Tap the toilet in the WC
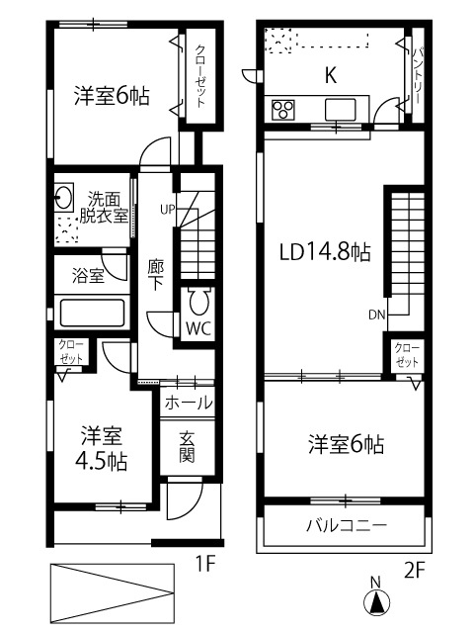click(x=199, y=301)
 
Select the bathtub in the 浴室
click(x=92, y=313)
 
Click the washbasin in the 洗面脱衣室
click(x=63, y=198)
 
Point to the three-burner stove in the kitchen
click(x=283, y=110)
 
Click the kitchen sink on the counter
click(x=341, y=110)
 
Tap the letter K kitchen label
click(x=331, y=75)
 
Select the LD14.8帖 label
click(x=325, y=252)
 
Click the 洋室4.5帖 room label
click(x=102, y=448)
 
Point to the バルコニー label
click(x=347, y=525)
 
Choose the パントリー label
click(x=418, y=75)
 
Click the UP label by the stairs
click(x=168, y=210)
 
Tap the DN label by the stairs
click(x=377, y=315)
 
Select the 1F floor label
click(x=205, y=564)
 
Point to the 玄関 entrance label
click(x=187, y=447)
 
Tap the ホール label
click(x=188, y=403)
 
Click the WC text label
click(x=198, y=329)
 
